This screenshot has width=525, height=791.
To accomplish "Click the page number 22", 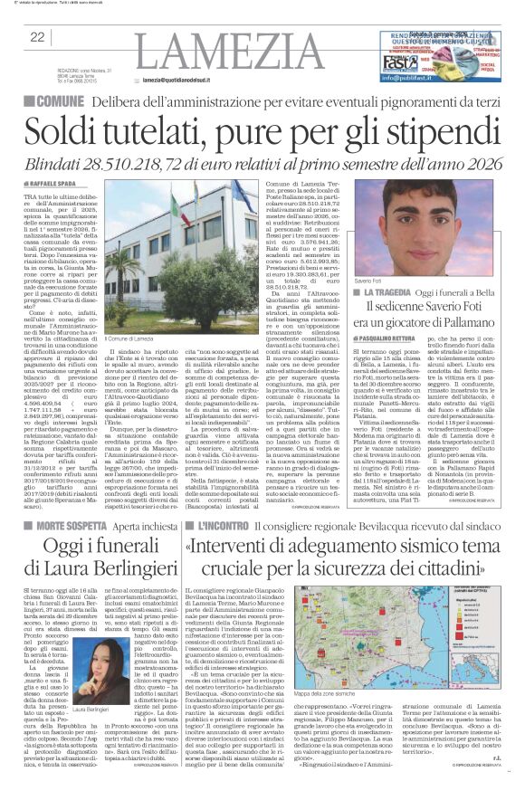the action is tap(37, 37).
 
